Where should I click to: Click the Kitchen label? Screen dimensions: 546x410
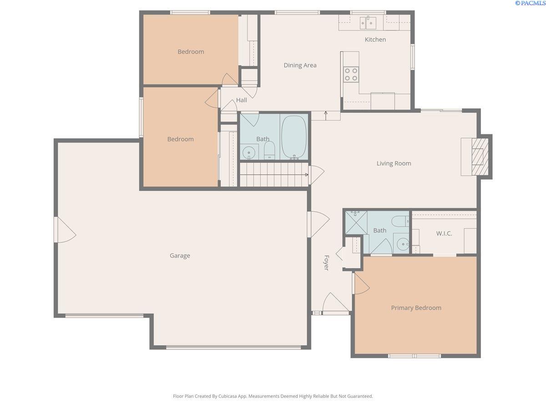375,39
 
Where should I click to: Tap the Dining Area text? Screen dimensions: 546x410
300,65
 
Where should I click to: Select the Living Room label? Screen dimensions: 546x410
394,163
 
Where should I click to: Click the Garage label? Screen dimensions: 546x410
180,256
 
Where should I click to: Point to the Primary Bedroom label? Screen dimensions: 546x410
416,308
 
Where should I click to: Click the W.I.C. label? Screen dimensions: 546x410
444,234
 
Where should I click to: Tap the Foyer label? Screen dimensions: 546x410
326,263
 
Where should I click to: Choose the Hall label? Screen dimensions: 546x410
241,100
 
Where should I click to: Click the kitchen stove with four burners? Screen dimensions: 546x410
351,74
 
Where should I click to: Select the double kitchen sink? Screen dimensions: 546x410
368,23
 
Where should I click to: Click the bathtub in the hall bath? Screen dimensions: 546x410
294,137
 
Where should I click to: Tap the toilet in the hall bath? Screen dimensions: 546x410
269,150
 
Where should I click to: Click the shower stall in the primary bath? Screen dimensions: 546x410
356,222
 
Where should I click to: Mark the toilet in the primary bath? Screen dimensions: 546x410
400,221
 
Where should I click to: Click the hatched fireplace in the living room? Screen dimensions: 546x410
480,157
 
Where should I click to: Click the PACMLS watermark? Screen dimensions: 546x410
531,3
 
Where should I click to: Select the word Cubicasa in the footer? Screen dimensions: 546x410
227,396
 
